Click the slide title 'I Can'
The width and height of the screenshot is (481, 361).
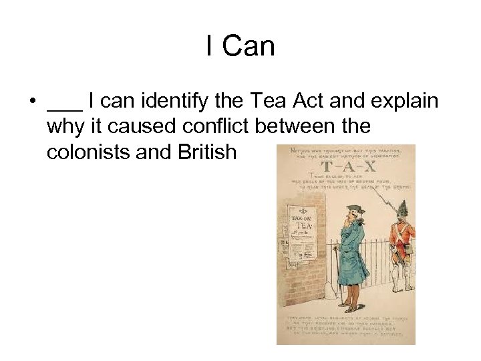pos(240,46)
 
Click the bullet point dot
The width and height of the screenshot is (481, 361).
pos(31,102)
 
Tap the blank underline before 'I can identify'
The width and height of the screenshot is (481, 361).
pos(65,108)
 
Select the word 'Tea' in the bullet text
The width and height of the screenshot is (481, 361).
pos(267,102)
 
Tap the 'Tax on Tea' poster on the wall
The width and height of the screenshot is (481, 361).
pos(299,231)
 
